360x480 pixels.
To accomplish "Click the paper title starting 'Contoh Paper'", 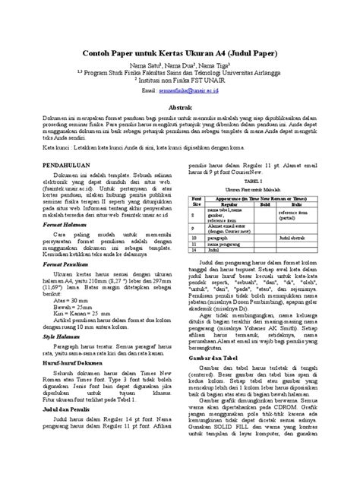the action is pos(179,56).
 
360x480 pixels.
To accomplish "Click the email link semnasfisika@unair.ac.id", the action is pos(191,89).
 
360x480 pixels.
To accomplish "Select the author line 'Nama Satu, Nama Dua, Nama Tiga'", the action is pos(179,67).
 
